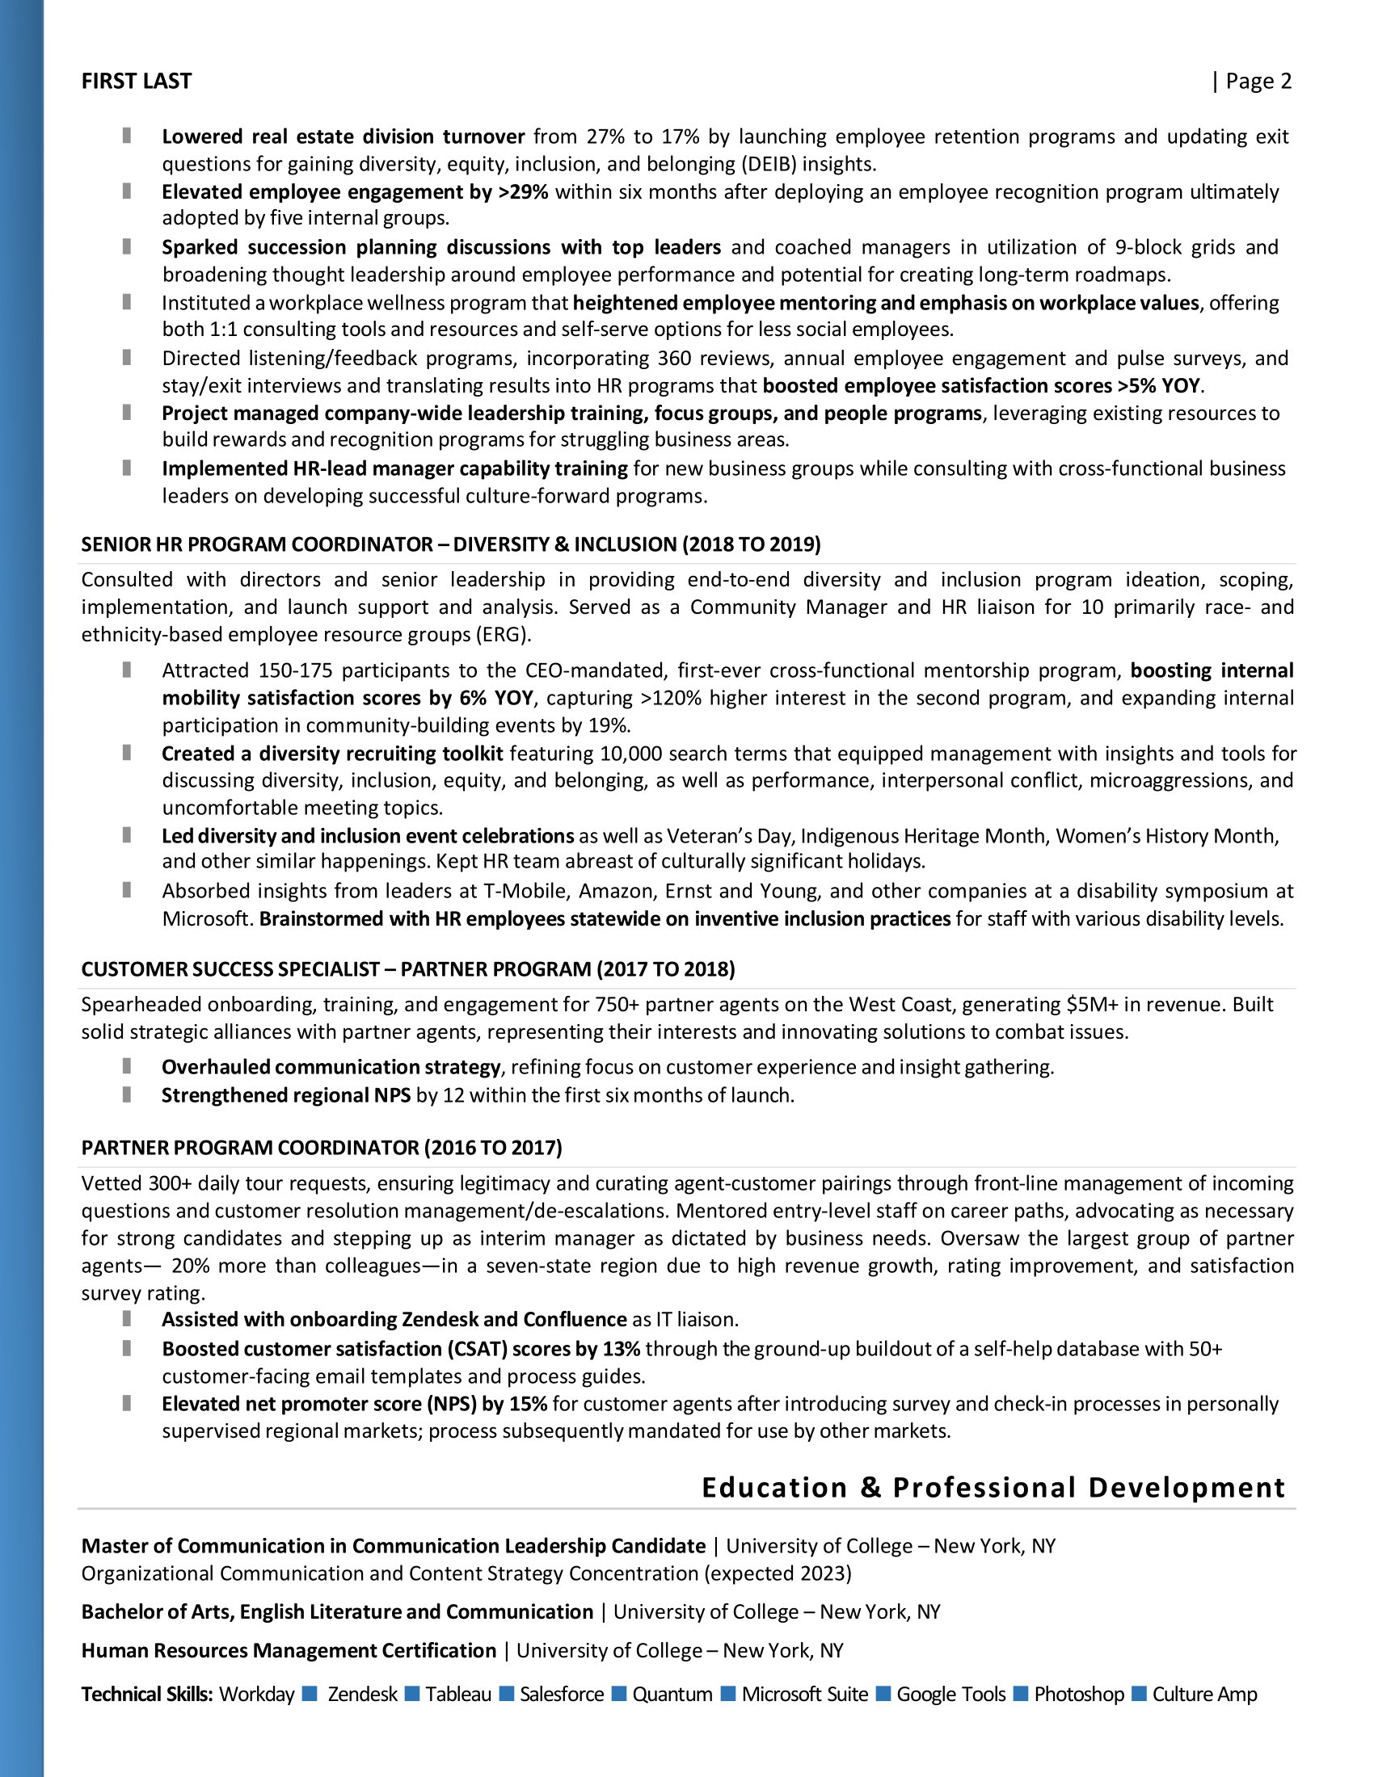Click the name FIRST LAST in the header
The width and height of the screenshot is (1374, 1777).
[x=136, y=82]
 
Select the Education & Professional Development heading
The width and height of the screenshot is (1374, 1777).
[x=993, y=1487]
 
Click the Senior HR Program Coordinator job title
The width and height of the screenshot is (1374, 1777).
[x=450, y=544]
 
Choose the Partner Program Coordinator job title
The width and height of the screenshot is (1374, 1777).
[x=322, y=1147]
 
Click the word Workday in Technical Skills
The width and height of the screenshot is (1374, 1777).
[x=256, y=1694]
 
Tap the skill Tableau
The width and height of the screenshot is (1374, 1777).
[x=458, y=1694]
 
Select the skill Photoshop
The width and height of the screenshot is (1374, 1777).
[x=1078, y=1694]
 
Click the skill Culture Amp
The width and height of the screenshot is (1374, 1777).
[x=1205, y=1694]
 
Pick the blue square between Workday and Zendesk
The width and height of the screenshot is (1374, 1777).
[x=310, y=1693]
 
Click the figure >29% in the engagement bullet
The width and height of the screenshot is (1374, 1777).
[x=523, y=192]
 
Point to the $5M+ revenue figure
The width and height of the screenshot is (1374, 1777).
[x=1093, y=1005]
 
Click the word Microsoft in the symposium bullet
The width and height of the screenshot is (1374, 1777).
[x=207, y=918]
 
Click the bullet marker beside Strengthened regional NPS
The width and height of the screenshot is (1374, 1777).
[x=127, y=1094]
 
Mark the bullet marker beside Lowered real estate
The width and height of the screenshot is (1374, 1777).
[x=127, y=135]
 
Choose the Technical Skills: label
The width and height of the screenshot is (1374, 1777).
[x=147, y=1694]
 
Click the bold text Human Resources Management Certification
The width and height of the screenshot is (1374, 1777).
[x=289, y=1650]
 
